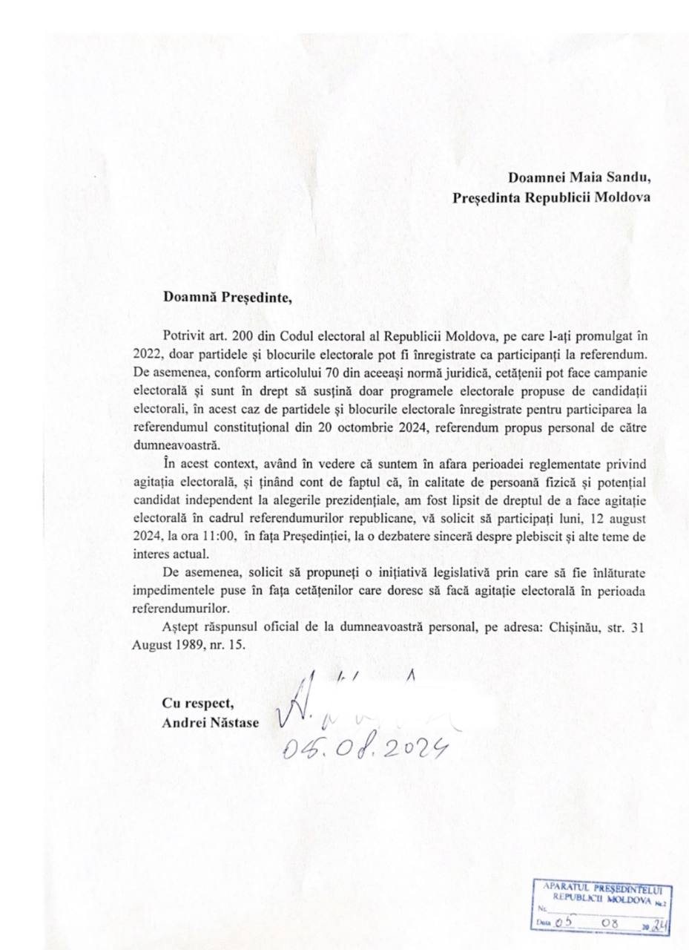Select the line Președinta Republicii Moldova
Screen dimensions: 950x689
[x=552, y=198]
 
